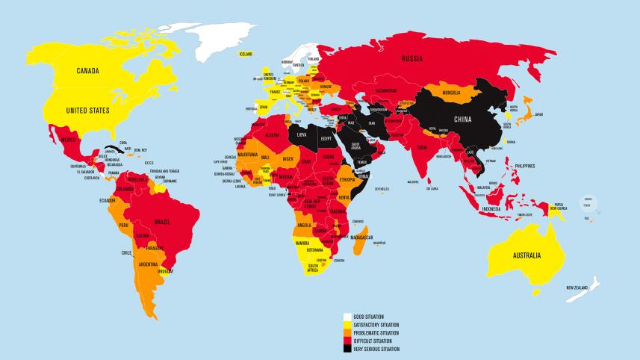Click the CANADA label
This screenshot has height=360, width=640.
coord(89,72)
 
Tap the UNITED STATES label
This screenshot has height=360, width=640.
coord(88,110)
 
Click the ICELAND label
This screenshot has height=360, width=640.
coord(246,55)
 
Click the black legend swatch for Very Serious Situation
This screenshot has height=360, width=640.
coord(347,349)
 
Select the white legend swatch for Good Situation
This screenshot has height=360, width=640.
coord(347,317)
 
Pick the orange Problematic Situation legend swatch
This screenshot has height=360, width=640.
coord(347,333)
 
